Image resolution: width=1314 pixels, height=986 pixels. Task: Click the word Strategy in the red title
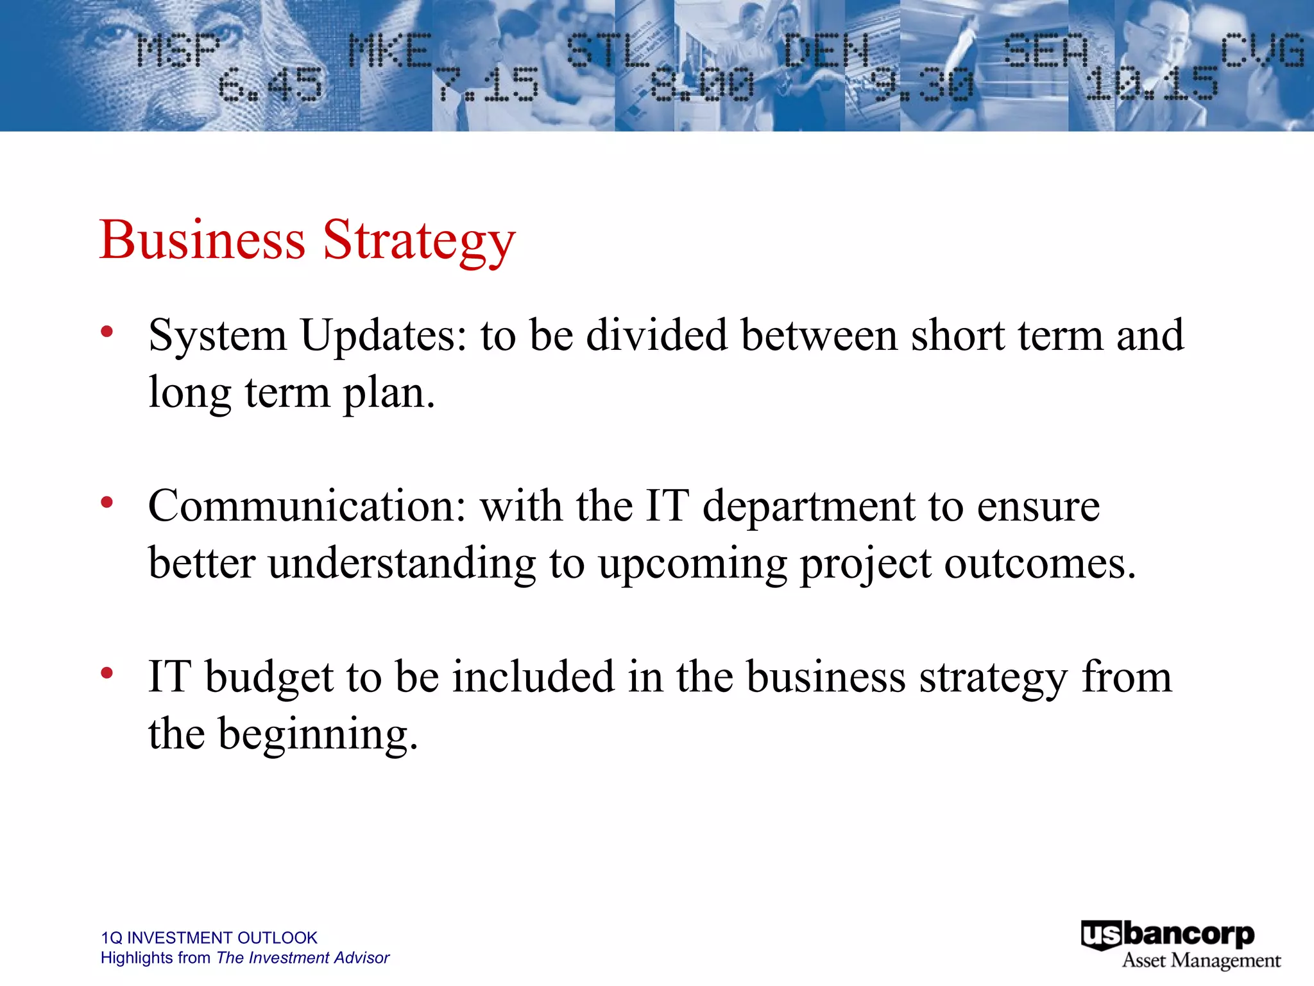point(418,241)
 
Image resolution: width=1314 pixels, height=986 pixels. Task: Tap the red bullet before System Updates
point(107,332)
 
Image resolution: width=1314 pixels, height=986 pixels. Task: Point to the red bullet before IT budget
point(107,673)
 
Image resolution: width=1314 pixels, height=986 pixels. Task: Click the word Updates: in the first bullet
point(384,336)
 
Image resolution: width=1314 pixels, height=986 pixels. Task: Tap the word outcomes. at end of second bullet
point(1039,564)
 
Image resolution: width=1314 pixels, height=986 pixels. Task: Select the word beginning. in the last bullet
point(318,734)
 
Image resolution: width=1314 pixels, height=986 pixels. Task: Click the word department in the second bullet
point(808,507)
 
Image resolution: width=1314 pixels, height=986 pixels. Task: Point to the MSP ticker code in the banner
point(178,51)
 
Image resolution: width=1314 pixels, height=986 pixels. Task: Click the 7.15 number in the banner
point(488,85)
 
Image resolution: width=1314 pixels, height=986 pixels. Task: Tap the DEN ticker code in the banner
point(826,51)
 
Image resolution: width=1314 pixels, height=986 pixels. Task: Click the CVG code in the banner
point(1262,50)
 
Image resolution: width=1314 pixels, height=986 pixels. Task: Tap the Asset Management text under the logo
point(1201,961)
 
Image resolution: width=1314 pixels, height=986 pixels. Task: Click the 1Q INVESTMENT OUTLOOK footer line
point(209,938)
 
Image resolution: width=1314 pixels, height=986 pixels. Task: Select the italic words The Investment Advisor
point(303,958)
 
